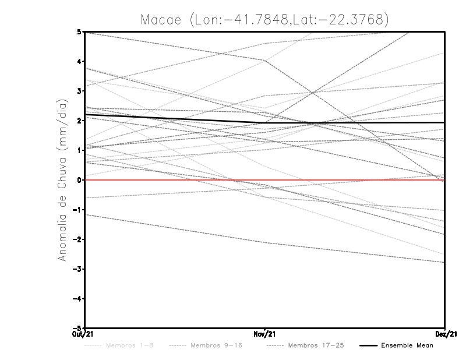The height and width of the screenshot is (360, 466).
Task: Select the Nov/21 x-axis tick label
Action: click(x=265, y=333)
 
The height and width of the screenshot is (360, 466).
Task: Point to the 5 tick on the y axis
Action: click(x=79, y=31)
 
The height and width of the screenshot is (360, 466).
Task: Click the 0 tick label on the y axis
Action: click(x=79, y=180)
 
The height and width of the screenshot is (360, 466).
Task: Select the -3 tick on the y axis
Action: click(x=77, y=269)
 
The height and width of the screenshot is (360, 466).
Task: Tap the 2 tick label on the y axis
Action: click(x=79, y=121)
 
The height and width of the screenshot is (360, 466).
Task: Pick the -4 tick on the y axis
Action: click(x=77, y=299)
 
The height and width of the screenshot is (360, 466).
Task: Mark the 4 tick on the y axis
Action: click(x=79, y=61)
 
